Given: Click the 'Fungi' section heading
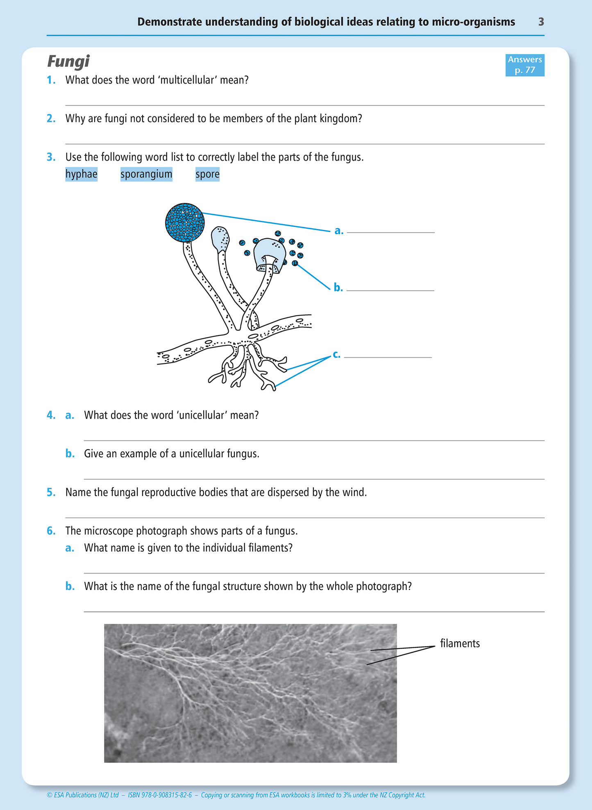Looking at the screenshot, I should click(68, 61).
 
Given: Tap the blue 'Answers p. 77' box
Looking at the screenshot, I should click(524, 65).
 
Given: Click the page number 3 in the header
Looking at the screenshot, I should click(541, 22).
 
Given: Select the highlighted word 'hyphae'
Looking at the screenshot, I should click(81, 174).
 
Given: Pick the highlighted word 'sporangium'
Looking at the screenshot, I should click(146, 174).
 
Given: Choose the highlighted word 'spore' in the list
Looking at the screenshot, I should click(207, 174).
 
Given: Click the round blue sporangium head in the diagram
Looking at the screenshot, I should click(185, 222).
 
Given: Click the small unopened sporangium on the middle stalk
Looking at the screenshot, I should click(220, 238).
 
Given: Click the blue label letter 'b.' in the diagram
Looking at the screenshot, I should click(338, 288).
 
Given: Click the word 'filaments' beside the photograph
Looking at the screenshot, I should click(460, 643).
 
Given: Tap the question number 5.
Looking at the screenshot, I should click(51, 492).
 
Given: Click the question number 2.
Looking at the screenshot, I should click(51, 118).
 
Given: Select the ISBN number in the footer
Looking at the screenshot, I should click(160, 795).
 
